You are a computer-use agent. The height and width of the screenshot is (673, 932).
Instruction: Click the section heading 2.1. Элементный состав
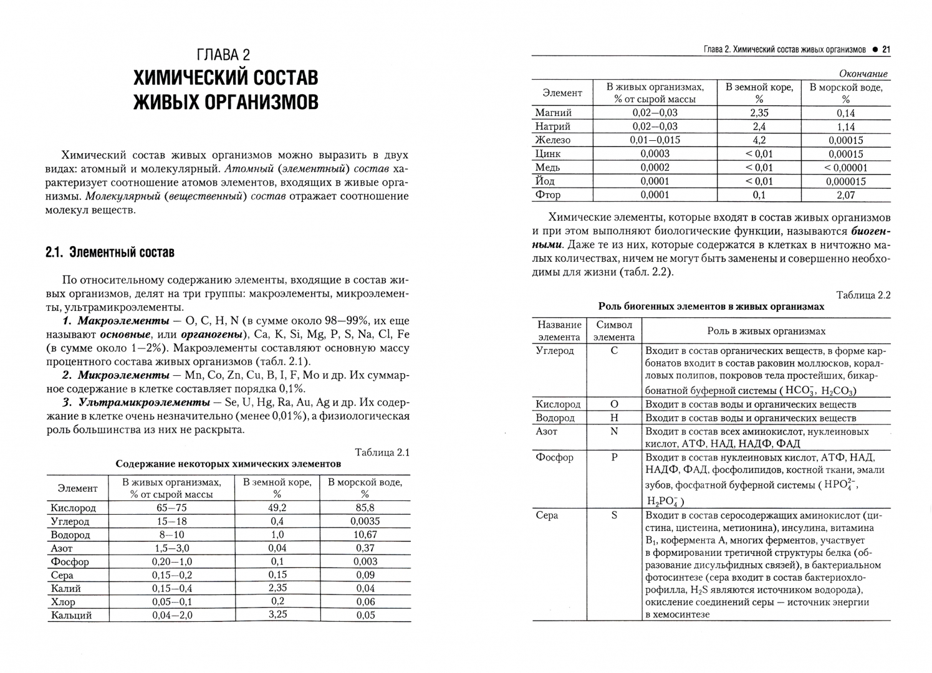coord(110,252)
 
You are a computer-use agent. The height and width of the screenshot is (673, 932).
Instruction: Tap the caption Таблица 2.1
coord(382,452)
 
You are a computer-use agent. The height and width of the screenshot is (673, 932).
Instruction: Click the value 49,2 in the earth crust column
coord(277,508)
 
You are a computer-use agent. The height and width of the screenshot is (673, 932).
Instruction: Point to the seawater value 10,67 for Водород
coord(365,535)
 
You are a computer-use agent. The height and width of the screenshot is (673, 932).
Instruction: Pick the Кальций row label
coord(71,615)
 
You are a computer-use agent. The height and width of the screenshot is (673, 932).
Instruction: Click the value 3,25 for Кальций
coord(277,614)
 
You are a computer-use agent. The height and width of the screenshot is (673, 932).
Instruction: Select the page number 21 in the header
coord(885,49)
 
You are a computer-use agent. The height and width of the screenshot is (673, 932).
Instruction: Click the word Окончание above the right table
coord(863,74)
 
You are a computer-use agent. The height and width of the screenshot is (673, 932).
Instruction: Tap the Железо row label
coord(552,140)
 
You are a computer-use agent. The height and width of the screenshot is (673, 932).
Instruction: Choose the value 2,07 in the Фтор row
coord(845,195)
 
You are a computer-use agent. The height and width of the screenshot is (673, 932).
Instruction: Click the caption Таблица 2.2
coord(863,295)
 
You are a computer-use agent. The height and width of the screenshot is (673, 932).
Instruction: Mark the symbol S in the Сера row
coord(614,515)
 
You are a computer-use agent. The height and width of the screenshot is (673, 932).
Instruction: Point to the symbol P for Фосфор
coord(614,457)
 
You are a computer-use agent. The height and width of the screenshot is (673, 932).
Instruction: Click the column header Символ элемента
coord(614,331)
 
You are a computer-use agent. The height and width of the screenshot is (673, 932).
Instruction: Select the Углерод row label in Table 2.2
coord(555,350)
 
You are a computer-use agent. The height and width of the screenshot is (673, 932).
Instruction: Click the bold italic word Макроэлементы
coord(123,321)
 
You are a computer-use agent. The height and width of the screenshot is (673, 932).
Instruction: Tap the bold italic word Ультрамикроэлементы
coord(144,403)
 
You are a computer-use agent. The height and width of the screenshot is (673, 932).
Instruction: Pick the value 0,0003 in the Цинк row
coord(655,154)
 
